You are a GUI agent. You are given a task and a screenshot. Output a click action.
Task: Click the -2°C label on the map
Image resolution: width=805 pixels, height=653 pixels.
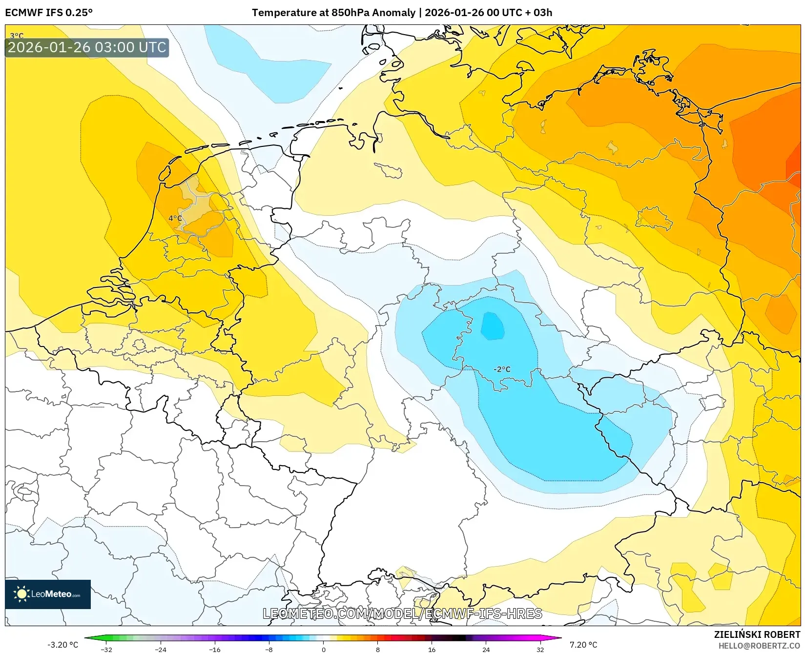502,369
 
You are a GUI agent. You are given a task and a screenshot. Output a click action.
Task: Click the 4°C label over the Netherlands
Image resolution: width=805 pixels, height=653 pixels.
175,218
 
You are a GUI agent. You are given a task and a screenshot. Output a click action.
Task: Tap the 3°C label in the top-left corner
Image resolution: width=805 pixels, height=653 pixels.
17,36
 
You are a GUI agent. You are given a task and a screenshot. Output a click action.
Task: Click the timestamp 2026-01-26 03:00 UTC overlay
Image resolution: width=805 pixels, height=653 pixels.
87,47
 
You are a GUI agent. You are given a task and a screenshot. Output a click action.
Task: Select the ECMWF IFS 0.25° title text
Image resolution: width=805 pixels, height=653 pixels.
49,13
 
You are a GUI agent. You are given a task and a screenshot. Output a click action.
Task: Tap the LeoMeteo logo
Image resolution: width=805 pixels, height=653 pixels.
48,594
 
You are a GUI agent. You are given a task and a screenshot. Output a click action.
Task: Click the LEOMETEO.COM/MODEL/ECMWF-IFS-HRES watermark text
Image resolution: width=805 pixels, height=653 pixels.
402,613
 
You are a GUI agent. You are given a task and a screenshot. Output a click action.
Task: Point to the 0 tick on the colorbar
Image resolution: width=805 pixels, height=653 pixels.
323,649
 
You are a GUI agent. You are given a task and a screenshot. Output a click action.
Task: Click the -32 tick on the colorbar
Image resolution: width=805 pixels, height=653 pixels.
106,649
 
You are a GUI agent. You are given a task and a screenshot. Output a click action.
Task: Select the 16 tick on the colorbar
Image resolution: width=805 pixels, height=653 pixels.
432,649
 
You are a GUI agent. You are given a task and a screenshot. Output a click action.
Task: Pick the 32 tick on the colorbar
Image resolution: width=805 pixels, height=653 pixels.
540,649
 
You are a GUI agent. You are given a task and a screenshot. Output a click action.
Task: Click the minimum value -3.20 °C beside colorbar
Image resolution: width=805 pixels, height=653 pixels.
62,645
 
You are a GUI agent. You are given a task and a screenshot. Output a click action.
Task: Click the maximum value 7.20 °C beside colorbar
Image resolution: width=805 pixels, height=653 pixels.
583,645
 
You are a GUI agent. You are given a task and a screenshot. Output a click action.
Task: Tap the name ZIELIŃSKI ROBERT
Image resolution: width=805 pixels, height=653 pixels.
757,634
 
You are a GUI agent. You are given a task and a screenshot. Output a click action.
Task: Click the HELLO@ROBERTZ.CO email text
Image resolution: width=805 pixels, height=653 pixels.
759,646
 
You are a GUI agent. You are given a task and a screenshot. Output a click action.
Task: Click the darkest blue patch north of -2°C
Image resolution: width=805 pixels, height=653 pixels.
492,326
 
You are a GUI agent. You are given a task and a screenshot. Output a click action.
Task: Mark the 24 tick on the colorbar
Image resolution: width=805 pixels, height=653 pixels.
486,649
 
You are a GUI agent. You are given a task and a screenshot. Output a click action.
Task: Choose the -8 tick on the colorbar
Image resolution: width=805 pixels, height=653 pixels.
269,649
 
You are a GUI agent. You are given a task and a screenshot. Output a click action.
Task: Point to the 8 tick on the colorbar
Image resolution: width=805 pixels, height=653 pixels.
377,649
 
